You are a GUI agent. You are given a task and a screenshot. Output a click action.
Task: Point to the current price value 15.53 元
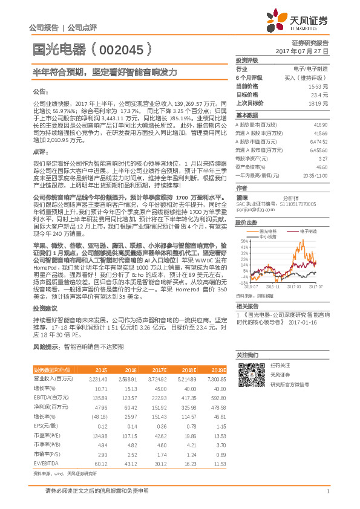point(319,87)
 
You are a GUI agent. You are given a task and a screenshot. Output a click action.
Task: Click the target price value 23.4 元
point(321,95)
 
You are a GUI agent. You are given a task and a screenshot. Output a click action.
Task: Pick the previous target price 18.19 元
point(319,103)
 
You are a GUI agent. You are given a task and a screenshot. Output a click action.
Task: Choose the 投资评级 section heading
point(247,61)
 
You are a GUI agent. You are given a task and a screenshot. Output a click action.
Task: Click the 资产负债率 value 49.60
point(322,166)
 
